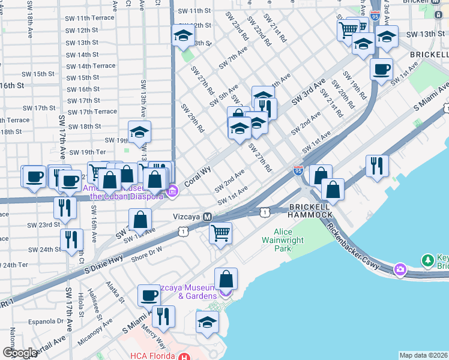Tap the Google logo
coord(19,353)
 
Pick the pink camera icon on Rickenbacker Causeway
coord(400,271)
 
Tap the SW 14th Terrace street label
coord(90,66)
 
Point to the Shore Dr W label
coord(146,253)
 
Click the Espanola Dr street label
coord(43,321)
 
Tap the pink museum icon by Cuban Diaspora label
coord(173,191)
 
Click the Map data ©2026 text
coord(423,355)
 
